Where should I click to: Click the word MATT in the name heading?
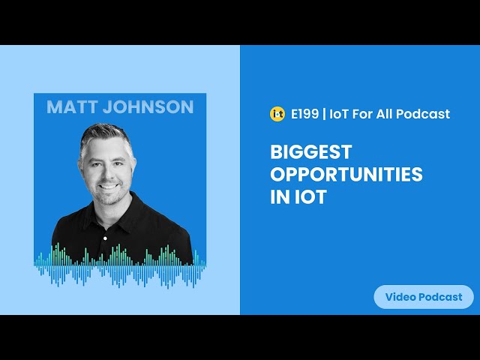72,106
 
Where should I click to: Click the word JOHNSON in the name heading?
148,106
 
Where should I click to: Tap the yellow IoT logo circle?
277,114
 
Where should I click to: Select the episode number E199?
304,114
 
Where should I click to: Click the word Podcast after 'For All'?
423,114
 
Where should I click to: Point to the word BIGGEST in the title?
311,151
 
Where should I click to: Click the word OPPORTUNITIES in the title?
346,174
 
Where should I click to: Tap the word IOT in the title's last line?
310,196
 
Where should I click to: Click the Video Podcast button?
424,297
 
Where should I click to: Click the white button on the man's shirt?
105,238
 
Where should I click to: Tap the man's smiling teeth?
108,186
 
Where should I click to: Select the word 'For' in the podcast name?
362,114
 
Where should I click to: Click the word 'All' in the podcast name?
384,114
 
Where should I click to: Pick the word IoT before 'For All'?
339,114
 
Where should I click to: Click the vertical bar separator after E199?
324,114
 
